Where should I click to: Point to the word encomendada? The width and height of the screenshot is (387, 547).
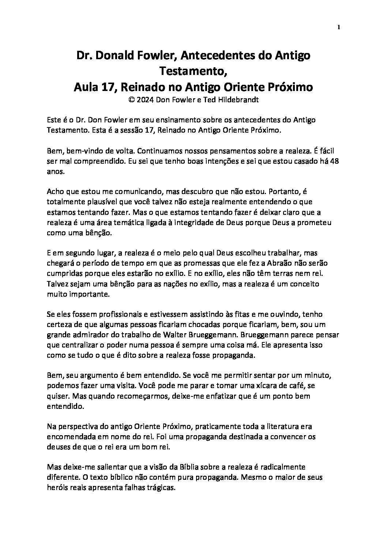71,436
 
